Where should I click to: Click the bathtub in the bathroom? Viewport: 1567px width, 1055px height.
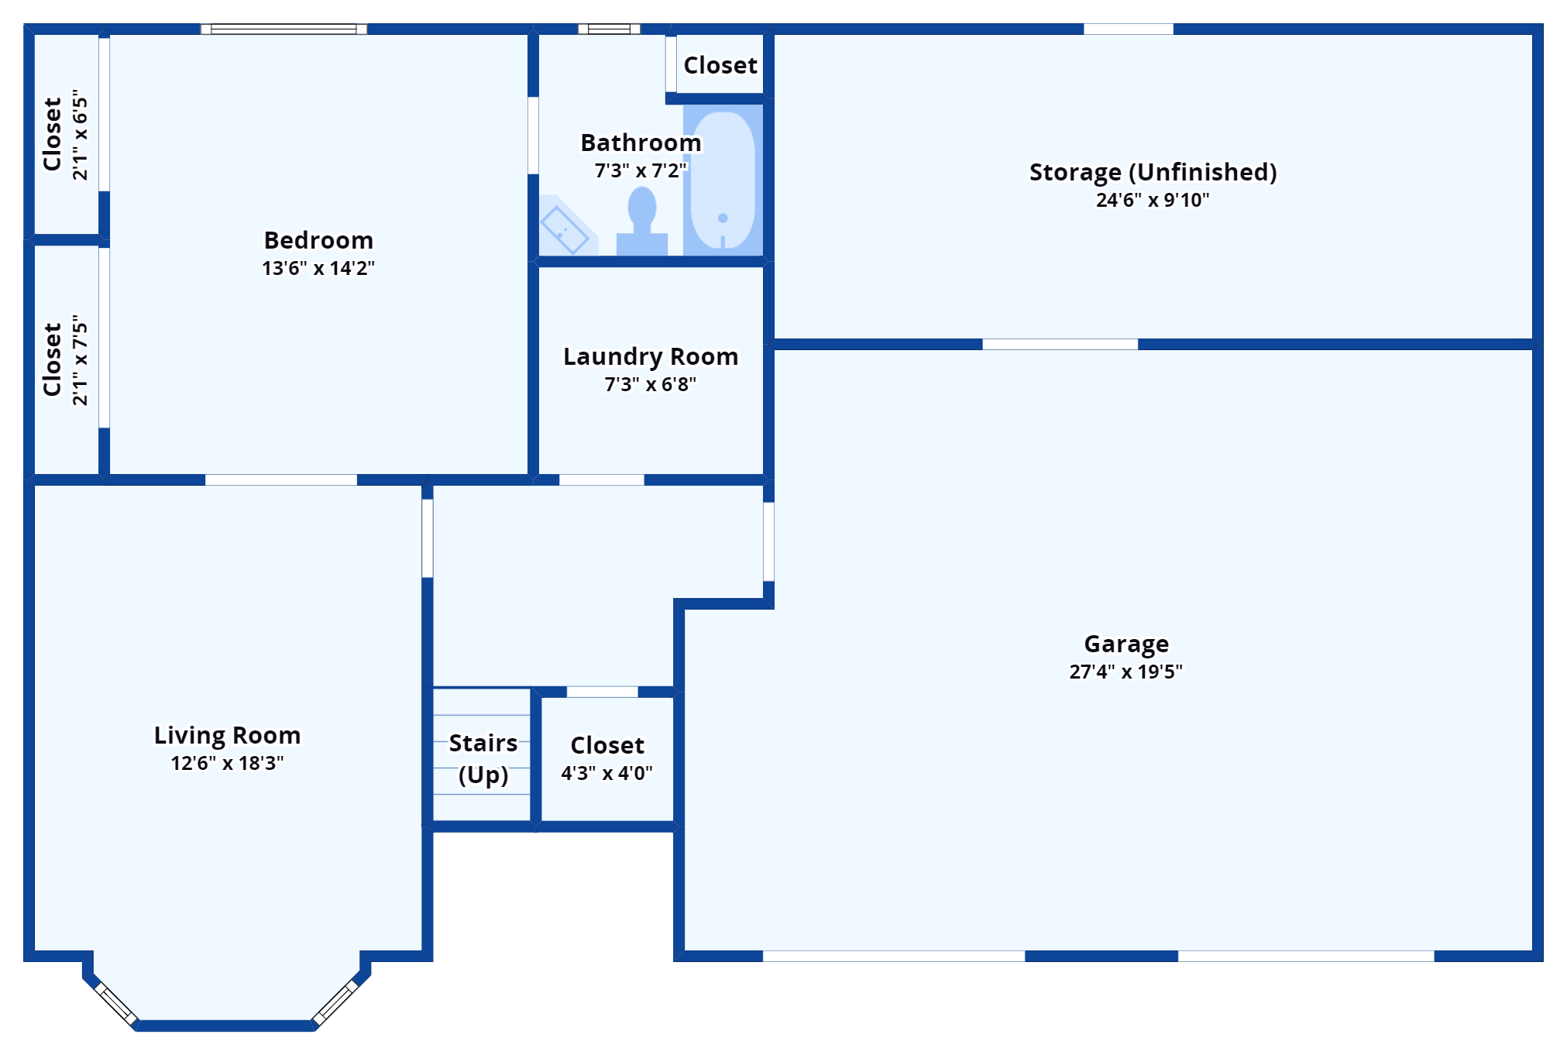[723, 180]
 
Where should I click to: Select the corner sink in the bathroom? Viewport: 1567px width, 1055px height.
[566, 228]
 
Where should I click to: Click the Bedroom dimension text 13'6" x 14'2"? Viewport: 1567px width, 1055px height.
[318, 268]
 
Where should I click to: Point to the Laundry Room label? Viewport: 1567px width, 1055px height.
[651, 356]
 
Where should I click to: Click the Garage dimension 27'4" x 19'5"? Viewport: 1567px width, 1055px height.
[1125, 672]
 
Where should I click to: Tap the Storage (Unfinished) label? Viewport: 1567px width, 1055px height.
[1153, 172]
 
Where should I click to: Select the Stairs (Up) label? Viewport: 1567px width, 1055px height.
[483, 758]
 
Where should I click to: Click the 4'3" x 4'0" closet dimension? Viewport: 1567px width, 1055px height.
[607, 773]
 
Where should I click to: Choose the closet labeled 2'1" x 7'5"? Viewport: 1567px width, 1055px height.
[65, 359]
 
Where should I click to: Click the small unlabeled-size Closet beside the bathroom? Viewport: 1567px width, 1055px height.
[720, 65]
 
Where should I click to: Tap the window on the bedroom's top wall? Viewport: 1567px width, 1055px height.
[284, 29]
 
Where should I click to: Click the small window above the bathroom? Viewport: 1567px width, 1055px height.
[609, 29]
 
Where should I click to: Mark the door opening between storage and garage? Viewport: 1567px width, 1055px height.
[1060, 344]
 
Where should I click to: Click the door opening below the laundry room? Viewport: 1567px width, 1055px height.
[601, 480]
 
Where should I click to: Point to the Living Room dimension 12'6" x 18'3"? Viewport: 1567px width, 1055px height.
[227, 763]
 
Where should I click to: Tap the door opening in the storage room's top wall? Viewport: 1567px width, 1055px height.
[1128, 29]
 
